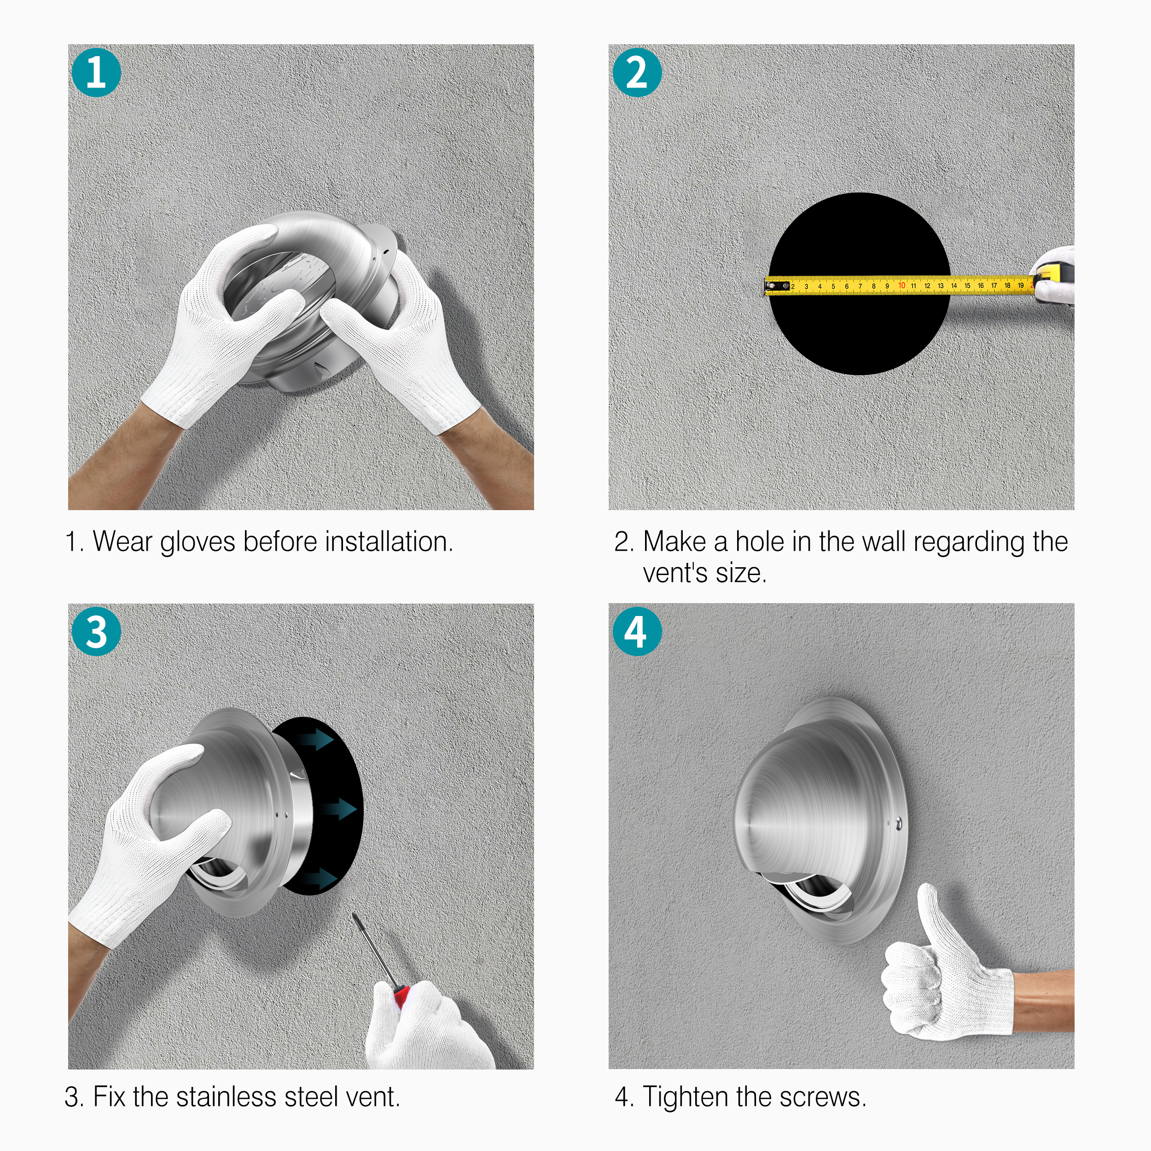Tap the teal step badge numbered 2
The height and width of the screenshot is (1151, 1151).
637,73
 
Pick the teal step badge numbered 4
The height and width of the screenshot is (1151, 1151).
637,632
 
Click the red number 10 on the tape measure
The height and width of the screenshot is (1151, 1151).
901,286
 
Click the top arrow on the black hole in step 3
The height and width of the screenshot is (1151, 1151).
315,740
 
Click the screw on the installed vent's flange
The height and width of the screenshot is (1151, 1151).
898,824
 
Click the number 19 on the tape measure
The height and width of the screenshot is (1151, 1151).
1021,285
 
